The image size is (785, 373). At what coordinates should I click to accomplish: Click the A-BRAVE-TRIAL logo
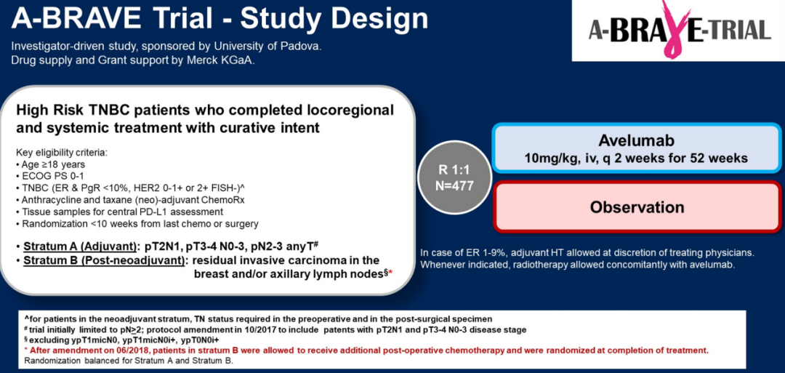(678, 30)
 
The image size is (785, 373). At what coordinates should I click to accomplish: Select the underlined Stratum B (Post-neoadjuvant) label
(103, 261)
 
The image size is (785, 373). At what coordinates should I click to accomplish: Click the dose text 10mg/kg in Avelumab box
(546, 158)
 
